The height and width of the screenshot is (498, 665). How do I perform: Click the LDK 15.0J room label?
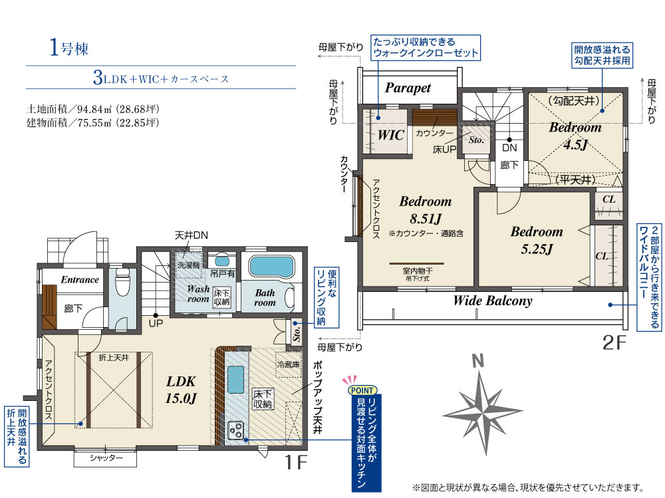(x=181, y=390)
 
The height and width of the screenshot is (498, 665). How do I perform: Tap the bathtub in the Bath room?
(x=272, y=267)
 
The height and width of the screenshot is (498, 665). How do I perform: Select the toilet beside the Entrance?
(x=122, y=281)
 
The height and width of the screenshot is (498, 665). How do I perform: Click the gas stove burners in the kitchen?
(x=236, y=431)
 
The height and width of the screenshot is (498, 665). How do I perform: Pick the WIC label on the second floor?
(x=390, y=135)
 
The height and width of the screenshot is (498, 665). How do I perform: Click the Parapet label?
(x=408, y=88)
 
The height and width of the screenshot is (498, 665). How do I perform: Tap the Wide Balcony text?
(x=493, y=301)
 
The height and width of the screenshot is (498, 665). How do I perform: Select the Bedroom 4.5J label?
(x=575, y=136)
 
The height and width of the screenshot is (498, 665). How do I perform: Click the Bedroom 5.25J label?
(x=537, y=240)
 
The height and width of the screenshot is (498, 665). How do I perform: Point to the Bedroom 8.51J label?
(x=426, y=209)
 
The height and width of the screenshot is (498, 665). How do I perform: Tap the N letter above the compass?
(x=478, y=360)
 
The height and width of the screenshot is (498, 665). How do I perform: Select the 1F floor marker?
(x=295, y=461)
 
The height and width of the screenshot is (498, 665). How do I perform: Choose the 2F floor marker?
(x=614, y=342)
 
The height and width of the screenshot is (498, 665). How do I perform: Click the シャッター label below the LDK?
(x=106, y=457)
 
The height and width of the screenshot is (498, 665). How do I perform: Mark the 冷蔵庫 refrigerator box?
(x=289, y=364)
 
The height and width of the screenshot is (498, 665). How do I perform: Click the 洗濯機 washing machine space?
(x=188, y=265)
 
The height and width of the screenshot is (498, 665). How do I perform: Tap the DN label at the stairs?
(x=509, y=148)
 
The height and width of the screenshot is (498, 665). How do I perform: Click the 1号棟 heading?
(x=69, y=47)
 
